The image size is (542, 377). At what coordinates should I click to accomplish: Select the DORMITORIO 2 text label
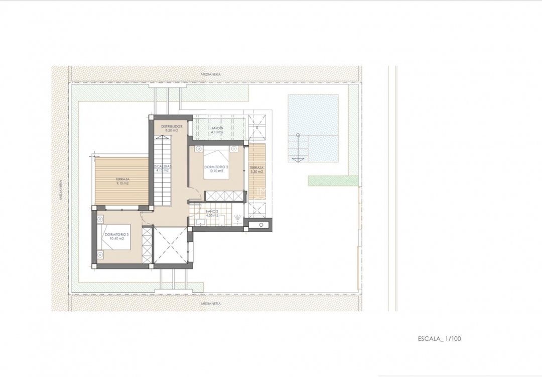click(x=216, y=167)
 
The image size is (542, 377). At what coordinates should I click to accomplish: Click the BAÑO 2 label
click(x=212, y=212)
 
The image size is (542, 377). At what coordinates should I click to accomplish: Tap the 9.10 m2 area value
click(x=122, y=183)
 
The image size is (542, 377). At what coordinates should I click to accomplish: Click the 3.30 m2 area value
click(x=256, y=172)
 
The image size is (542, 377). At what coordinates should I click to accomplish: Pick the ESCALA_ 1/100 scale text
click(x=439, y=338)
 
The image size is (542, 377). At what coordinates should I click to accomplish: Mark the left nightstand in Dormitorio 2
click(x=199, y=149)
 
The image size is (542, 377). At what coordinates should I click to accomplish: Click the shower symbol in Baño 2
click(x=238, y=217)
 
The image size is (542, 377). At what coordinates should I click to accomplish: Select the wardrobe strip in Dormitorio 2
click(x=224, y=196)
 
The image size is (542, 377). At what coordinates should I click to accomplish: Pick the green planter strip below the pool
click(x=333, y=180)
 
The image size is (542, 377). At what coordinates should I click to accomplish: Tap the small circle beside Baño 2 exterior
click(x=260, y=225)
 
